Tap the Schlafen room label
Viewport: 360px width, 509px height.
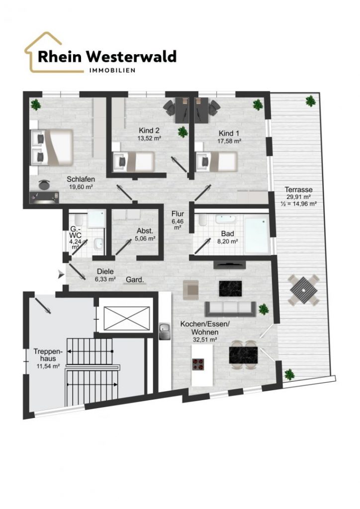81,179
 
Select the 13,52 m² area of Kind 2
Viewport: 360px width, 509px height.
149,138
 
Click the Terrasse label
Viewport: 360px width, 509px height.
299,189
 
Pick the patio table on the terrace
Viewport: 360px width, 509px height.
303,290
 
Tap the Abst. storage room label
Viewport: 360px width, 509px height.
145,231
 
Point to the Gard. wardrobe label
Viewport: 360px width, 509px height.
135,279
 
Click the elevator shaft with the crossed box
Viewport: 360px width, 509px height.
124,315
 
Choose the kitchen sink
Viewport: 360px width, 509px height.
165,331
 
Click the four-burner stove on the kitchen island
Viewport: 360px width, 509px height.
198,364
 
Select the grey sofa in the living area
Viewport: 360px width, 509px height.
230,309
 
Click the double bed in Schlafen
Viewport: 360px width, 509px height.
52,147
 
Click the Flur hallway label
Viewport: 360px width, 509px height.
178,214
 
